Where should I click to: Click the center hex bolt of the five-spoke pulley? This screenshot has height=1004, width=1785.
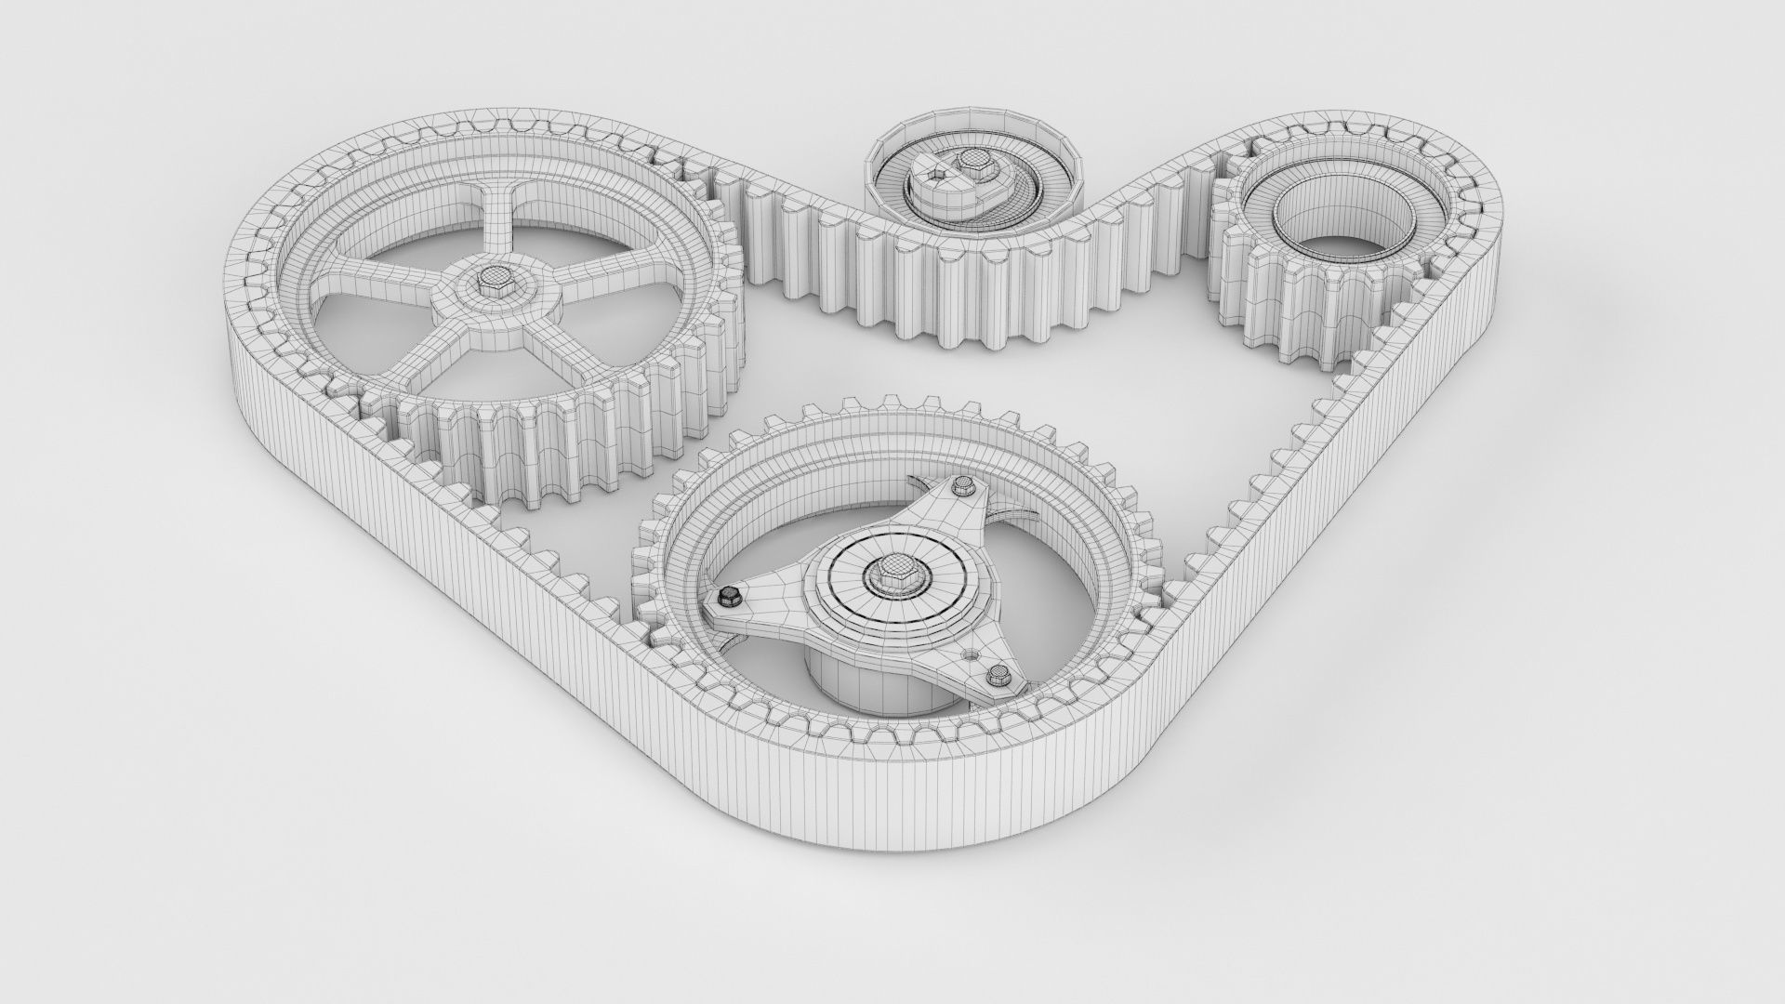(492, 277)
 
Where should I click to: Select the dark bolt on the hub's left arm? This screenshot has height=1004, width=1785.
(730, 595)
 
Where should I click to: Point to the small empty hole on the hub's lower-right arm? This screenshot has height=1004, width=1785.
(972, 655)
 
